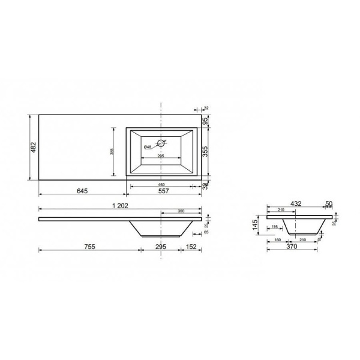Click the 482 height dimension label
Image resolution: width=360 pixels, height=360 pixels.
click(34, 146)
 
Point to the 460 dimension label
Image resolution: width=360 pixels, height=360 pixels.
click(161, 184)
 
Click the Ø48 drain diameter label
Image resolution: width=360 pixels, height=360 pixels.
click(147, 147)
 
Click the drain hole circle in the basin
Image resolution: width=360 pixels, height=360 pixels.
click(160, 143)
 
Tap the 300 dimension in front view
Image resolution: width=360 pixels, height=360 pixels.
click(181, 211)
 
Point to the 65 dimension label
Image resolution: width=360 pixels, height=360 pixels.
click(206, 231)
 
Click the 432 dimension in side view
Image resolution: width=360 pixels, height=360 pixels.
click(295, 204)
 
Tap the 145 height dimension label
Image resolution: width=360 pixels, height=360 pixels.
click(256, 224)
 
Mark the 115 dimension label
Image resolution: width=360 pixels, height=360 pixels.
click(274, 226)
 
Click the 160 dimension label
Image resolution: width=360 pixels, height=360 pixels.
click(278, 240)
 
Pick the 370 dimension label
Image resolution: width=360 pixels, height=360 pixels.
click(292, 246)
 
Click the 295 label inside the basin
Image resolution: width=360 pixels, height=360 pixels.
click(161, 156)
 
